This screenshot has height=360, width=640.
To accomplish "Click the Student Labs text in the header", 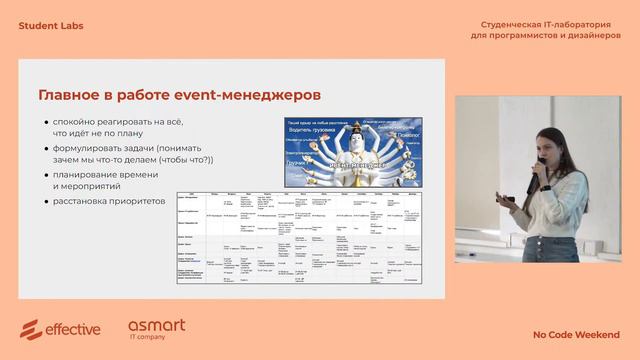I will pyautogui.click(x=51, y=25).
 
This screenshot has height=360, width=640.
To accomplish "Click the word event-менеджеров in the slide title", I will pyautogui.click(x=255, y=95).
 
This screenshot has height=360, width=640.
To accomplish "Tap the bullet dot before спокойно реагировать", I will pyautogui.click(x=46, y=122).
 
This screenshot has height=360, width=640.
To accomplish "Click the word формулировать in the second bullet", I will pyautogui.click(x=93, y=148).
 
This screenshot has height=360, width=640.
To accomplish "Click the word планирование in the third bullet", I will pyautogui.click(x=91, y=175).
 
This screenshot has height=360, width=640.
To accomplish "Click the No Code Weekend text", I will pyautogui.click(x=575, y=335).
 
